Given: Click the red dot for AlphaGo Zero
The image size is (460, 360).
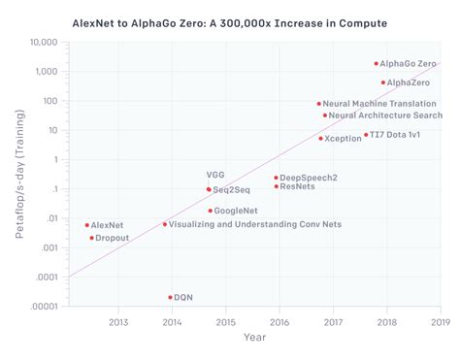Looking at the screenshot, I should click(376, 63).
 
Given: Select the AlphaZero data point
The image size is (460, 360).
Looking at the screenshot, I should click(382, 82).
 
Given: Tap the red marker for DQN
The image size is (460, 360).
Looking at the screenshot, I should click(170, 297).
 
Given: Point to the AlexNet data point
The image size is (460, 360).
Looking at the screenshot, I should click(86, 225).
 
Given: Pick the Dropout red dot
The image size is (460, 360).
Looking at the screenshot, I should click(91, 238).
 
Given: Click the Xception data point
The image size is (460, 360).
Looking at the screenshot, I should click(320, 138).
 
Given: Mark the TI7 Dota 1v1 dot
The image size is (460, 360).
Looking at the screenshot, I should click(366, 135).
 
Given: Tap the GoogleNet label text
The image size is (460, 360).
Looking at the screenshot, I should click(235, 211).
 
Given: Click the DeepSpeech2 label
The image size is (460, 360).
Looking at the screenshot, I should click(308, 178).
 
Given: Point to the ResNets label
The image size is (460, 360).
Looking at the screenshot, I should click(297, 186).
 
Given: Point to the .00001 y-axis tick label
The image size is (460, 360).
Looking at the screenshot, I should click(44, 308).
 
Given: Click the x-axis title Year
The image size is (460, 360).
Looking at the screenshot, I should click(254, 338).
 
